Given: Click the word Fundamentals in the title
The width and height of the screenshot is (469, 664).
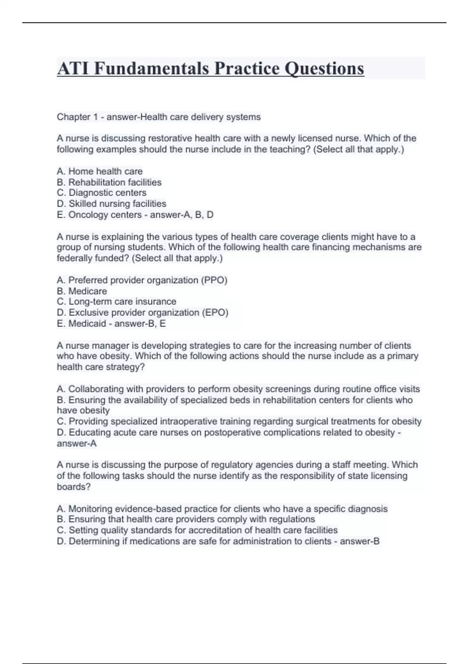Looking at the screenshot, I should click(x=152, y=69).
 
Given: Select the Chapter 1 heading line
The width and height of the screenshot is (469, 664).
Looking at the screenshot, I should click(x=159, y=117).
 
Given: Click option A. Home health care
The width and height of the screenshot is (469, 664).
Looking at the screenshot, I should click(x=100, y=171).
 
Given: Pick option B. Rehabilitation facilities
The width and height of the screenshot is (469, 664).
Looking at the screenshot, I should click(x=109, y=182).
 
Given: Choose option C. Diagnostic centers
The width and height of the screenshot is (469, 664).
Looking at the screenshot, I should click(x=102, y=193).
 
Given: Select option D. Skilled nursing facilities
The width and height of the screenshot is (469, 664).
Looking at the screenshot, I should click(x=111, y=203).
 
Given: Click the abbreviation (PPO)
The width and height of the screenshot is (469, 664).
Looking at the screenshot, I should click(x=214, y=280).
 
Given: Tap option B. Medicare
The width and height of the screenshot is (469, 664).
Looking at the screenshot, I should click(x=82, y=291).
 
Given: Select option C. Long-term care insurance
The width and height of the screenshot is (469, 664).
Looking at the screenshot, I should click(x=116, y=302).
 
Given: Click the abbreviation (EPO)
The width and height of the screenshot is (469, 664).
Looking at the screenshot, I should click(x=215, y=312).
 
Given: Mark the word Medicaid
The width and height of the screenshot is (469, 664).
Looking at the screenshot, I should click(x=87, y=323).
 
